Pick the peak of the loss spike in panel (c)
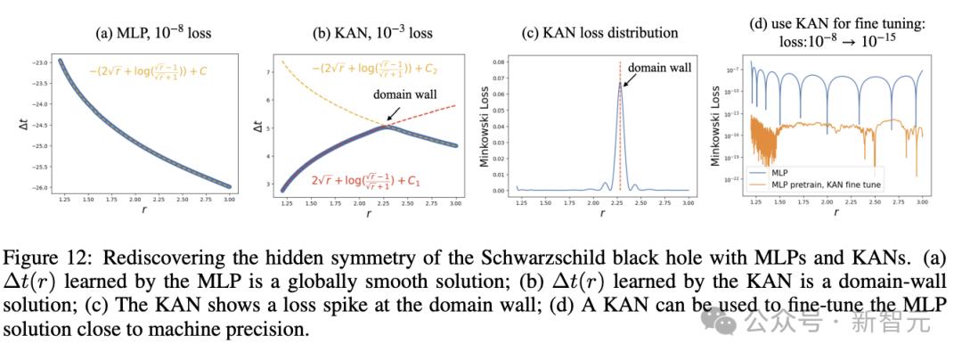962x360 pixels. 620,83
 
